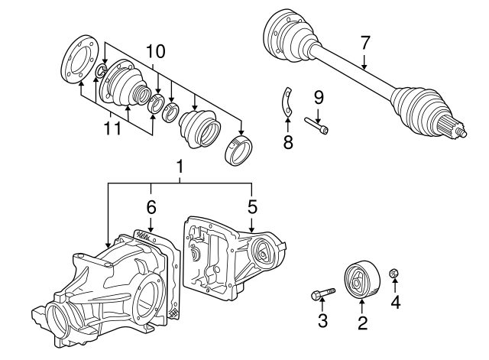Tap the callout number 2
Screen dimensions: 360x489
[362, 323]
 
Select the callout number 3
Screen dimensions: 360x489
[322, 321]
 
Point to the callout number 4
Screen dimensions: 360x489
[395, 302]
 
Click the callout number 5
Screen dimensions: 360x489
[252, 206]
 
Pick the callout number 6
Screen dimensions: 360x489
[151, 206]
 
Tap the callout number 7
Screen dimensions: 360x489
[365, 41]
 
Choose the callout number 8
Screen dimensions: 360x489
[287, 142]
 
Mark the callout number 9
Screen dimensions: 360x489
[319, 97]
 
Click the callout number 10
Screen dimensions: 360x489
[156, 51]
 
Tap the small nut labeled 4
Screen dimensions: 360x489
[395, 274]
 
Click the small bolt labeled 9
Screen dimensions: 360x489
[319, 125]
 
